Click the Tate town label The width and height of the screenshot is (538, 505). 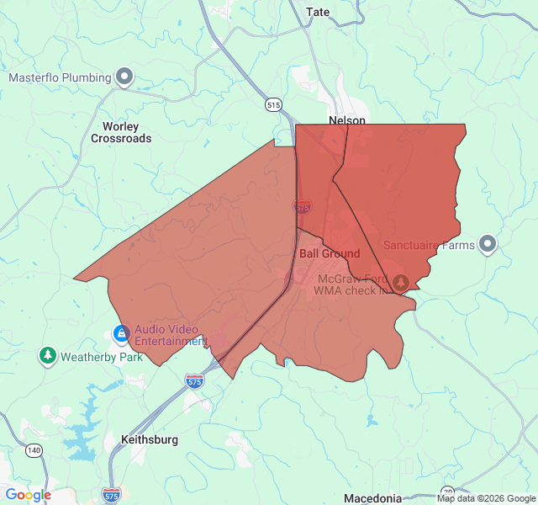coord(319,12)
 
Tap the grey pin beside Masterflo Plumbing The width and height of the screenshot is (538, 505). coord(124,77)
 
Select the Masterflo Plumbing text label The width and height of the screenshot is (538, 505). coord(60,77)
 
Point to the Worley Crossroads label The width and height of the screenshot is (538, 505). coord(121,132)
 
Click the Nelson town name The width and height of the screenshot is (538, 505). coord(347,120)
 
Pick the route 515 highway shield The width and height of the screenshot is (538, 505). coord(272,104)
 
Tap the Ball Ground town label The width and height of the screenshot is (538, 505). coord(330,253)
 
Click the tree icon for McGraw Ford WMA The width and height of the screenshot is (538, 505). coord(401,282)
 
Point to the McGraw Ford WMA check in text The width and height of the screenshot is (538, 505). coord(352,284)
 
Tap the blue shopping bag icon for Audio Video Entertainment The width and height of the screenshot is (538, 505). coord(122,334)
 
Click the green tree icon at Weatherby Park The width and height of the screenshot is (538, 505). coord(48,356)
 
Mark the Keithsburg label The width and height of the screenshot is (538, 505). coord(150,439)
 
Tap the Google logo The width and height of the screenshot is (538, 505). coord(29,495)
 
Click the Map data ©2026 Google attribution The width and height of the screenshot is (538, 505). coord(485,498)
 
